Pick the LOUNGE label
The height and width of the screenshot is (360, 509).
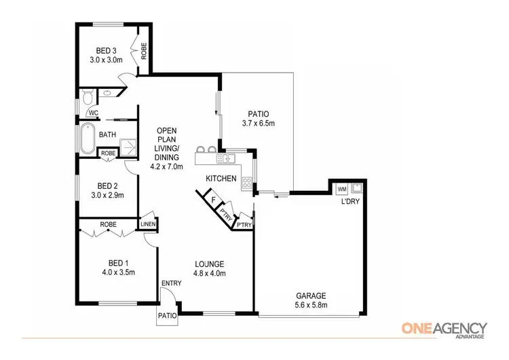click(x=209, y=264)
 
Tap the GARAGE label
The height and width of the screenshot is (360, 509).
click(x=311, y=295)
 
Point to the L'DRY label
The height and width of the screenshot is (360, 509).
click(x=350, y=202)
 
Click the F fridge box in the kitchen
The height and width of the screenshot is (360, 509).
click(x=212, y=200)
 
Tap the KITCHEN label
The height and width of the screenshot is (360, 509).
click(x=222, y=179)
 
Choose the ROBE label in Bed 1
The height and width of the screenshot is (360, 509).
click(x=110, y=223)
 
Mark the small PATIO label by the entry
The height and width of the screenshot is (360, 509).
click(x=168, y=316)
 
